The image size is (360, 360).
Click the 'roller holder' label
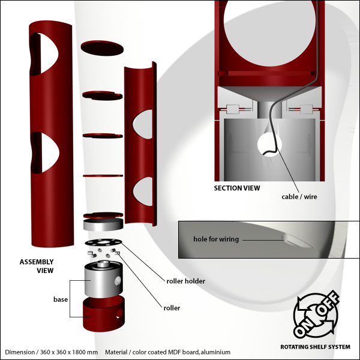point(186,281)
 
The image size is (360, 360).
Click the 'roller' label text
point(172,308)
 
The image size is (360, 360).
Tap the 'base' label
point(61,299)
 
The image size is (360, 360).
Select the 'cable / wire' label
point(299,197)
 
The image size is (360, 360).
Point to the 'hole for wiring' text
point(216,239)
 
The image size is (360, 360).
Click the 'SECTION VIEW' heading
point(237,188)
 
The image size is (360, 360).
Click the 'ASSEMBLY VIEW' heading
point(37,266)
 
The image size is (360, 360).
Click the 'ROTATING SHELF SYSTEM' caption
point(316,347)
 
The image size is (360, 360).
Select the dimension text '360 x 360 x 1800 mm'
point(69,352)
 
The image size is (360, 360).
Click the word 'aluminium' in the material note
point(215,352)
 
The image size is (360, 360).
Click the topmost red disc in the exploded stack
point(102,48)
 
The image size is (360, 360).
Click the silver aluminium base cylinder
point(103,280)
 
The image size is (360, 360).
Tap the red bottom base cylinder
point(104,314)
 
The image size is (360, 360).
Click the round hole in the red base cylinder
point(119,313)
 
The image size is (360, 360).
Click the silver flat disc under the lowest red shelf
point(103,224)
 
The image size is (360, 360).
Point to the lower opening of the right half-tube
point(143,191)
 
